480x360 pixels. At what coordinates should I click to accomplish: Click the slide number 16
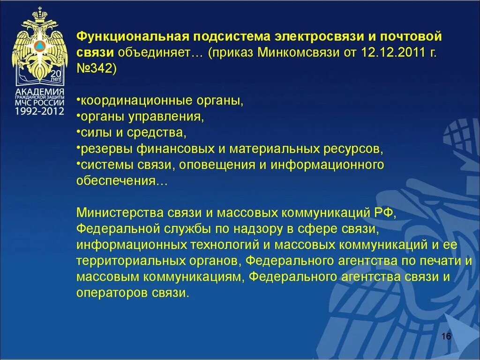pos(446,337)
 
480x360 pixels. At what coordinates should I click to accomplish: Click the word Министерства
pos(119,213)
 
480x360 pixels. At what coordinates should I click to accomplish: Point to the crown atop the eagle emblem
pos(40,10)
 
